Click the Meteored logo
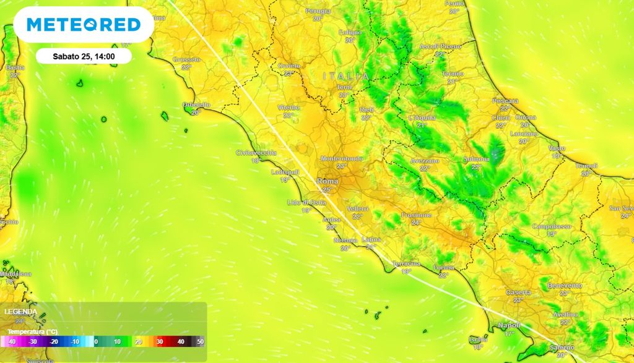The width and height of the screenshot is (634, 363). [x=84, y=25]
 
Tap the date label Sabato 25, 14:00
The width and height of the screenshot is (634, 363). [x=84, y=56]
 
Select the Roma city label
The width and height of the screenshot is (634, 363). [x=328, y=181]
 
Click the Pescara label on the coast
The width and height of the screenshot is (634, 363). [x=505, y=101]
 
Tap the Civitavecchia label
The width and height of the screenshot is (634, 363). [x=256, y=153]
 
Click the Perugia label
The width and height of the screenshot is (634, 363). [x=318, y=11]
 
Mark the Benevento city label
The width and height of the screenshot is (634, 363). [x=564, y=286]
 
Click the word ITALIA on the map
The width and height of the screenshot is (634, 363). [x=345, y=76]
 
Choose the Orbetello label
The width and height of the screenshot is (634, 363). [x=197, y=105]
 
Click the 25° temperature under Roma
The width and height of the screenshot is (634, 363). [x=328, y=189]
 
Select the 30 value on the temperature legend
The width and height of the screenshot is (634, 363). [x=159, y=341]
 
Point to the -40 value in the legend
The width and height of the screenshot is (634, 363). [x=12, y=341]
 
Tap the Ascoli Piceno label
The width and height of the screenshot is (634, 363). [x=440, y=46]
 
